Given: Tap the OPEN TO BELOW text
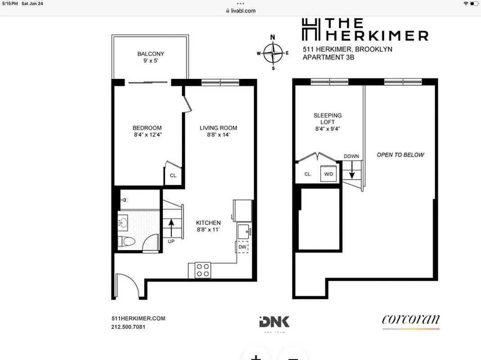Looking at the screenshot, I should click(x=400, y=155).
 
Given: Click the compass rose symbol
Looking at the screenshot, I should click(x=272, y=53).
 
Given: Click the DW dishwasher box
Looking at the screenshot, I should click(x=242, y=247).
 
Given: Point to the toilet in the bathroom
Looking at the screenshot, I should click(x=127, y=242).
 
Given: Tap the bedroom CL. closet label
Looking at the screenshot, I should click(x=173, y=176).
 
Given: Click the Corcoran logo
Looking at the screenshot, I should click(x=411, y=320).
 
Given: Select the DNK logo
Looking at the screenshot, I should click(x=275, y=322).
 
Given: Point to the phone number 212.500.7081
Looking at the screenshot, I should click(x=128, y=327).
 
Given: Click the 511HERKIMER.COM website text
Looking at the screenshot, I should click(x=138, y=319).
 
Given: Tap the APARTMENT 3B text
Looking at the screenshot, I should click(x=328, y=57).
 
